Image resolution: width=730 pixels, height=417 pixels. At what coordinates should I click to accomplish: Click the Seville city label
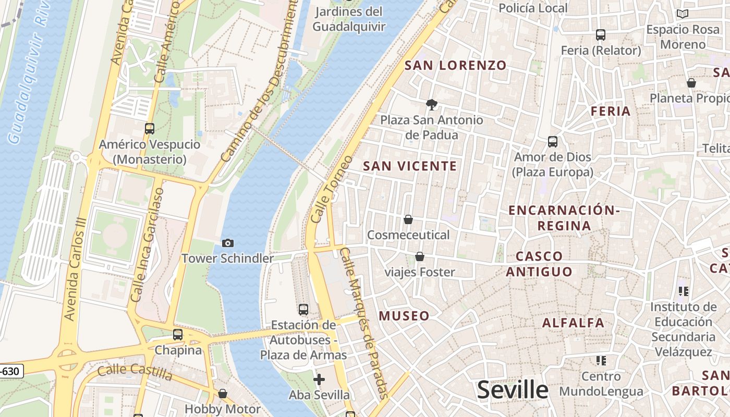pos(513,390)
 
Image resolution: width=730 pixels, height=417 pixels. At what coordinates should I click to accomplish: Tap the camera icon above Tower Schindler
pos(228,243)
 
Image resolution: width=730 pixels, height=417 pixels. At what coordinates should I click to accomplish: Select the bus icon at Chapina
pos(178,335)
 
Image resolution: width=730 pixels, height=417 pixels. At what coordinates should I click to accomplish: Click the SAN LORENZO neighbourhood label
pos(455,65)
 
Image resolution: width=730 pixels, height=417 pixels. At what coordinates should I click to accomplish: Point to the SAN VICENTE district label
pos(410,166)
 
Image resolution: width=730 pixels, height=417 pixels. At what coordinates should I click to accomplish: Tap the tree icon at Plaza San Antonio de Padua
pos(431,105)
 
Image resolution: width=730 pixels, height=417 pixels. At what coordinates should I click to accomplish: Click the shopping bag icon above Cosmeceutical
pos(408,220)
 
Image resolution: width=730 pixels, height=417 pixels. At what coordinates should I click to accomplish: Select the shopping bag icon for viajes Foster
pos(420,256)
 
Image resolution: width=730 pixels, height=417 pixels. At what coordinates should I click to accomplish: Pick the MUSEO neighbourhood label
pos(404,316)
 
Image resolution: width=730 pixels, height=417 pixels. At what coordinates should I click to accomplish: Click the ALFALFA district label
pos(573,323)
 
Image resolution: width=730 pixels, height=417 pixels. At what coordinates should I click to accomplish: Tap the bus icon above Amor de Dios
pos(553,142)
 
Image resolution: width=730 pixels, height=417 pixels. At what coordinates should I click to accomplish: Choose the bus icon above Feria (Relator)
pos(601,35)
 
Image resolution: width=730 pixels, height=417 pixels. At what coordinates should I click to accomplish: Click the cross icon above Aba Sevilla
pos(319,379)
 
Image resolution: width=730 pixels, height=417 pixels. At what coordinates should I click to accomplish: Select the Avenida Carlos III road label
pos(74,269)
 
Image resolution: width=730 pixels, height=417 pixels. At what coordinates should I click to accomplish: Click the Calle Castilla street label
pos(135,372)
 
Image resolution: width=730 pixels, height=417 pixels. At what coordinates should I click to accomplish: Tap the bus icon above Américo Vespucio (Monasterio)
pos(150,129)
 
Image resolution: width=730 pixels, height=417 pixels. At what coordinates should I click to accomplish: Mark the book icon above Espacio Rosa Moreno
pos(682,14)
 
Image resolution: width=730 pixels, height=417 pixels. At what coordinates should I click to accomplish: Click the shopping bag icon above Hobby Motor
pos(223,394)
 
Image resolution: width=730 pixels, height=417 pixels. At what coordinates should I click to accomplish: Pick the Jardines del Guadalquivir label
pos(349,19)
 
